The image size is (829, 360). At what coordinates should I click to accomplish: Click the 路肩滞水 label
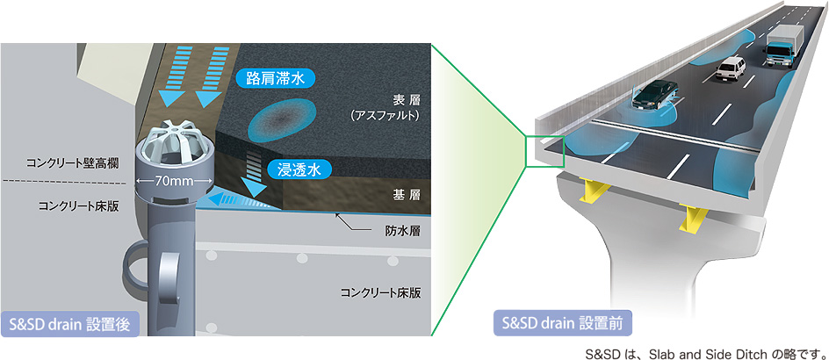pos(275,78)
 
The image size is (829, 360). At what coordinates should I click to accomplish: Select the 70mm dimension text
pos(175,183)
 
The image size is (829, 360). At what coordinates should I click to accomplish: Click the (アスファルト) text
pos(386,115)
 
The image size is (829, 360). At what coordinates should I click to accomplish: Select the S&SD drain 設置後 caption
pos(66,323)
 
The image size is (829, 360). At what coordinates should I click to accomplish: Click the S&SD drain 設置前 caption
pos(561,322)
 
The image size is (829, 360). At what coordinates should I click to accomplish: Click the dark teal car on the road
pos(656,92)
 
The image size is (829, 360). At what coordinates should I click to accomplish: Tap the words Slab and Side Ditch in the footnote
pos(703,352)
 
